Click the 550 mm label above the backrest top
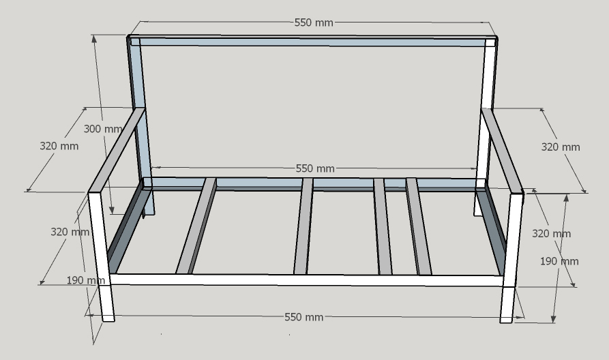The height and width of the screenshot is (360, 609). point(314,22)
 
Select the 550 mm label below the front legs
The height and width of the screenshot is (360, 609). point(304,317)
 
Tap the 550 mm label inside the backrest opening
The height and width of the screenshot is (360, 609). point(315,168)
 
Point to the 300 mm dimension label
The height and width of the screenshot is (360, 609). point(103,129)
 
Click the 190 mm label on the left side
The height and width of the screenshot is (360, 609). point(85,280)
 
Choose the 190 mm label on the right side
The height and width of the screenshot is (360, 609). point(559,261)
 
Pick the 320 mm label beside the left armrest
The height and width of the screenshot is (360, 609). point(59,146)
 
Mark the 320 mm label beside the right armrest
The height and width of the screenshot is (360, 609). point(561,147)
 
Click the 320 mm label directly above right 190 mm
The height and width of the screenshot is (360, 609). point(551,234)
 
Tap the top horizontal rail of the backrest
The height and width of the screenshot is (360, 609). point(310,41)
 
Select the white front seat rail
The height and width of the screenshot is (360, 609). point(307,280)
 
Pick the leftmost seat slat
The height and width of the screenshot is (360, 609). point(196,226)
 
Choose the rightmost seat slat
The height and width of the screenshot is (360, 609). point(418,226)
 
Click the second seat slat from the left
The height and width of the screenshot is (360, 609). point(303,226)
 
